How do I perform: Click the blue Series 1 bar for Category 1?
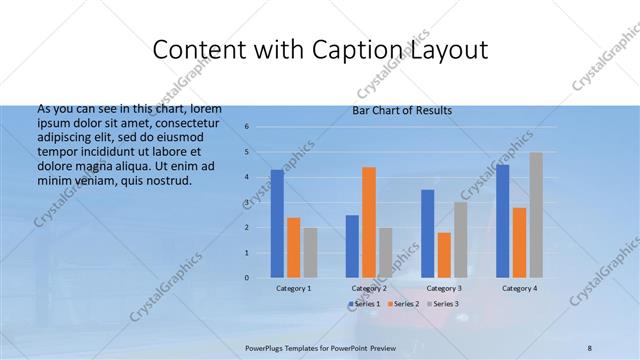tap(277, 223)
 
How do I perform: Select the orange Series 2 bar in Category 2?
tap(368, 222)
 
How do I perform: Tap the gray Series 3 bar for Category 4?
tap(536, 215)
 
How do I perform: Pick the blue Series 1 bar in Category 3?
tap(427, 233)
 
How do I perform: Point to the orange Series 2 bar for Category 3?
tap(444, 255)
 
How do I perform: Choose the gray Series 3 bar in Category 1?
tap(310, 252)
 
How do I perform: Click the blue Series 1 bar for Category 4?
tap(502, 221)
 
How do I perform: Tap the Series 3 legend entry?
tap(446, 303)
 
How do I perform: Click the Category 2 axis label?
tap(368, 288)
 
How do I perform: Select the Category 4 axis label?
tap(519, 288)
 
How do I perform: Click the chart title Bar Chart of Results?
tap(402, 110)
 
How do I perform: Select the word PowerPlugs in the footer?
tap(264, 349)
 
